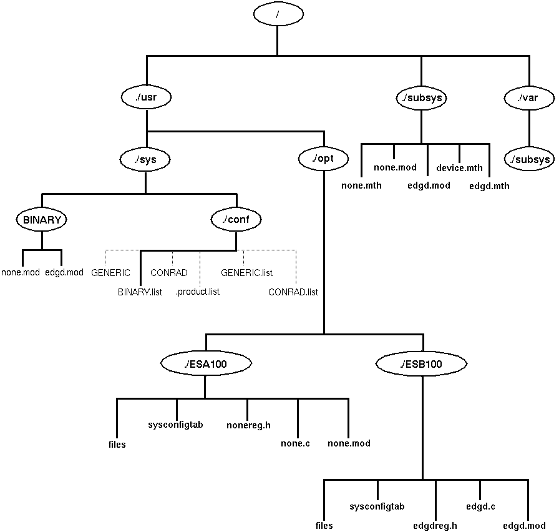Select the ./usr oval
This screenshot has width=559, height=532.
point(147,97)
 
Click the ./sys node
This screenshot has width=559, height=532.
point(145,159)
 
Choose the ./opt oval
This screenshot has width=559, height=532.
point(324,159)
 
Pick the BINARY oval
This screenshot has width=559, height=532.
point(42,220)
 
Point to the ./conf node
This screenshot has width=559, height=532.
point(236,220)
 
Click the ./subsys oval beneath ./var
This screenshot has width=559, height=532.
point(529,159)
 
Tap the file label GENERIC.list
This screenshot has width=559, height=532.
point(246,273)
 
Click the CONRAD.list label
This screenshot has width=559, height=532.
point(293,292)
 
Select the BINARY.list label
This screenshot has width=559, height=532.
point(140,292)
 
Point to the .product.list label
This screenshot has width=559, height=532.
point(197,292)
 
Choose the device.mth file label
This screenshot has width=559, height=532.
point(459,167)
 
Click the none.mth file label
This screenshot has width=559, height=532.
point(361,185)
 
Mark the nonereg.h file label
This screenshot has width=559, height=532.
point(248,426)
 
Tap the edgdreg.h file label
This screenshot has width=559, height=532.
point(435,526)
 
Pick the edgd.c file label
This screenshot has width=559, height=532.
point(480,506)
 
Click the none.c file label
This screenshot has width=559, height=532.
point(295,443)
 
